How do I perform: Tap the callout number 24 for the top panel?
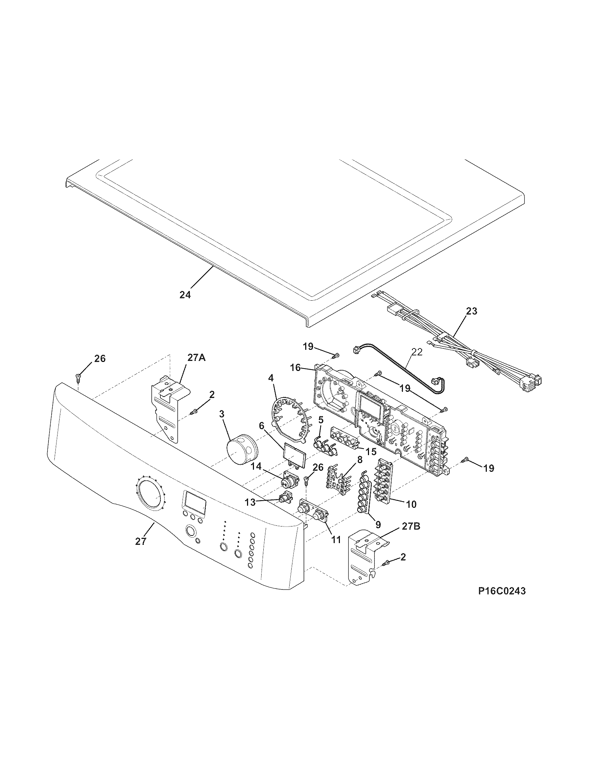pos(185,295)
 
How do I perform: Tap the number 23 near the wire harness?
pos(471,311)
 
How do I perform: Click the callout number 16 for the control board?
pos(296,367)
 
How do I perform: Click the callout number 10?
pos(411,504)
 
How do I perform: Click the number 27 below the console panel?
pos(141,551)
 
